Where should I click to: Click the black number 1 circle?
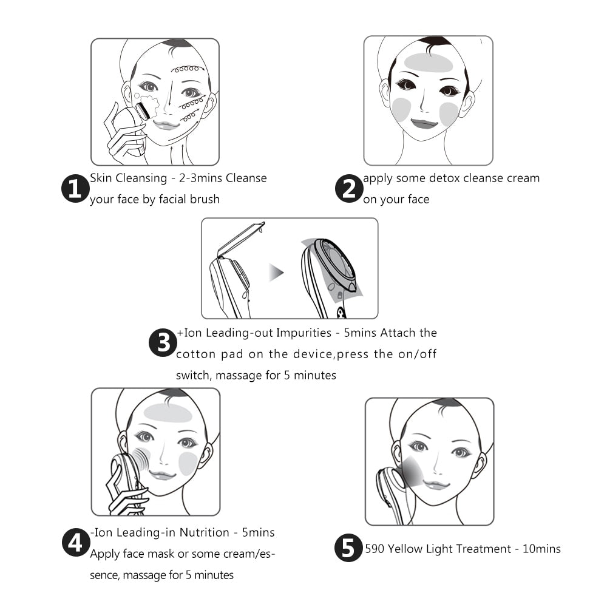(x=75, y=189)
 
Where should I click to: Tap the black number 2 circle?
(x=349, y=189)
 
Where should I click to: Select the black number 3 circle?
(x=163, y=344)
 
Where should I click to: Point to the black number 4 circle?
(x=75, y=543)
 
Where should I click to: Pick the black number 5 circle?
(x=349, y=549)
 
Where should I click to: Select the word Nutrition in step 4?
(x=205, y=532)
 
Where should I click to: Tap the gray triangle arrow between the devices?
(x=277, y=271)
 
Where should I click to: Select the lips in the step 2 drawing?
(x=425, y=123)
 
